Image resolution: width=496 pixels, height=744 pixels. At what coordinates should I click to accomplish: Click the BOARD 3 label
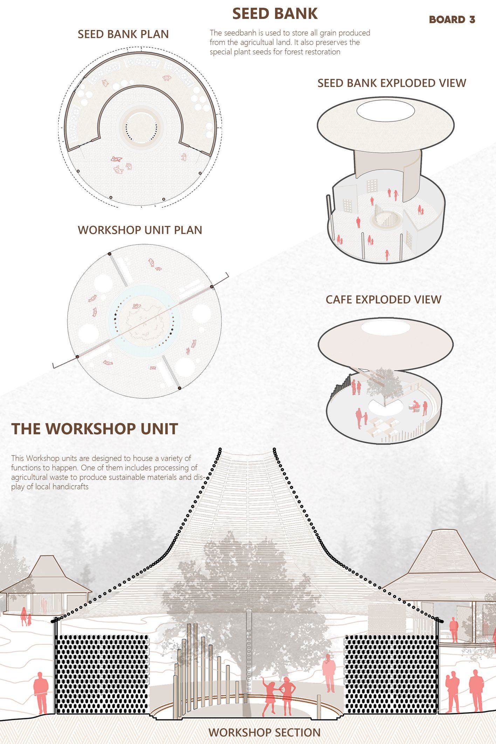[x=452, y=20]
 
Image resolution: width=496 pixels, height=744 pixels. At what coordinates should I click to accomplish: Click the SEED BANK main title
[x=275, y=14]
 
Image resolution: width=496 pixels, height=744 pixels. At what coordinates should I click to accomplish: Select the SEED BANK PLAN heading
[x=123, y=34]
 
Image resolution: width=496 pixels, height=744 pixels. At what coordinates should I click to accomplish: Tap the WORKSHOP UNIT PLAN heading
[x=140, y=230]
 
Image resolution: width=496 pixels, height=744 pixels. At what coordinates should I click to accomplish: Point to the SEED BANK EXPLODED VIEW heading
[x=392, y=83]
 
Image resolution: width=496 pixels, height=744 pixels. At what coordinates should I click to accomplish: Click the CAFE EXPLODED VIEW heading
[x=383, y=300]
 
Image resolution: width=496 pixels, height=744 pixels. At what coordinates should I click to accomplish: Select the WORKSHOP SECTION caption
[x=264, y=732]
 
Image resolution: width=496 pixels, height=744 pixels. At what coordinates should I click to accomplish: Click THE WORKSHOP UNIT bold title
[x=95, y=429]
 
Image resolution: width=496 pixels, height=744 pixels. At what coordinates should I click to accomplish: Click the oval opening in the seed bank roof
[x=385, y=111]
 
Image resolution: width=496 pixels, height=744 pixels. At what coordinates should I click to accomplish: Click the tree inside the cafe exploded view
[x=384, y=385]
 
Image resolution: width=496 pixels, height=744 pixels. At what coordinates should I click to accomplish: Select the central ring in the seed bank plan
[x=141, y=127]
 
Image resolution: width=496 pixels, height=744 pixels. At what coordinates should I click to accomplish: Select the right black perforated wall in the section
[x=391, y=674]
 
